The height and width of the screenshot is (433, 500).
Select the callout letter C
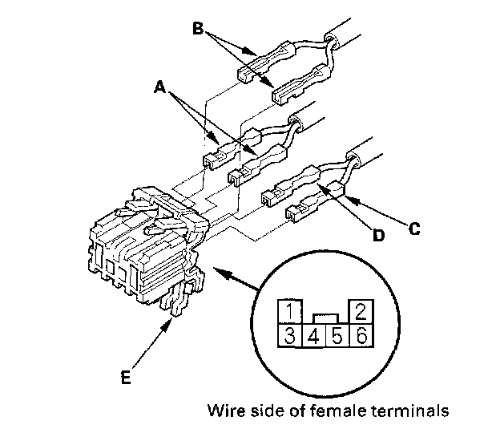click(413, 228)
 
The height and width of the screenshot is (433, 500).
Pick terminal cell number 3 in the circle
click(290, 336)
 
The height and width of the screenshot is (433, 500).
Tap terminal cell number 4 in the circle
click(313, 336)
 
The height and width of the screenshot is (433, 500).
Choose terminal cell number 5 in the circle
click(337, 336)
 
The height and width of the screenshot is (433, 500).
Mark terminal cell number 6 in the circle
click(360, 336)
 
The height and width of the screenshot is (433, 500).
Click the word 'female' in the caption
click(311, 413)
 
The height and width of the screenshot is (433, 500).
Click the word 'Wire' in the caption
click(224, 413)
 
